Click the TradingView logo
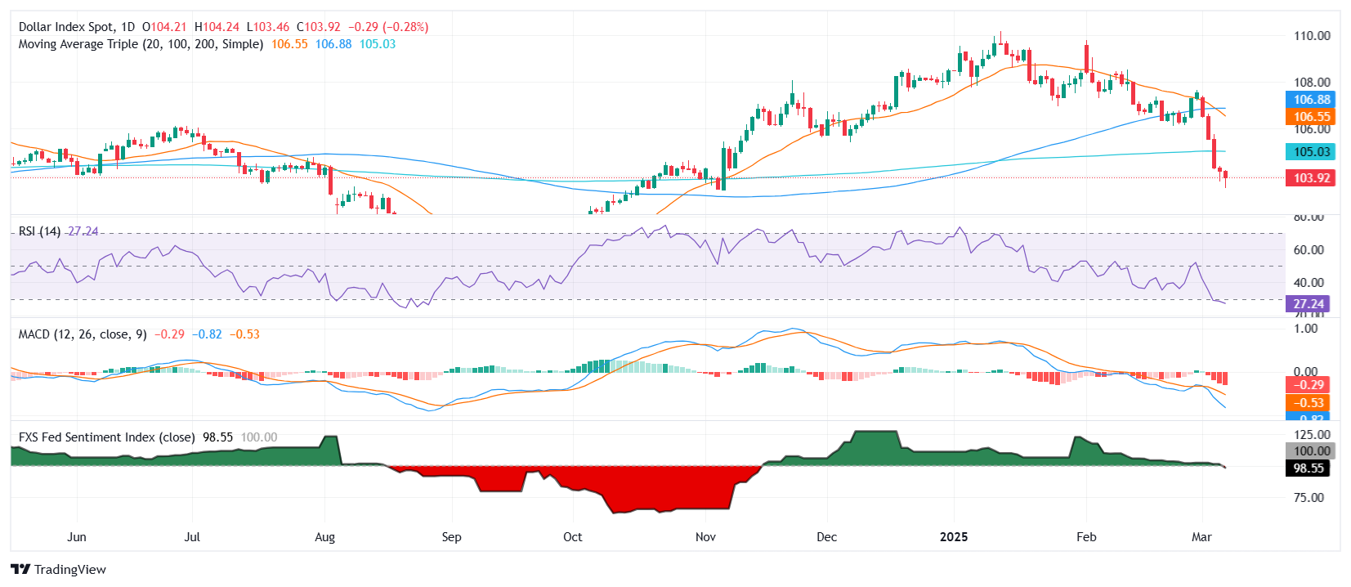tap(58, 569)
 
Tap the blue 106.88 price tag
tap(1311, 100)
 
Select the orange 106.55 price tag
tap(1311, 117)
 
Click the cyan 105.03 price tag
tap(1311, 151)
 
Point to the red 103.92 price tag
tap(1311, 177)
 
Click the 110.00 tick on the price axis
tap(1311, 36)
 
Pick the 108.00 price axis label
tap(1311, 82)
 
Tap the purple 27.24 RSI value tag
tap(1308, 303)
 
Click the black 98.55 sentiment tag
tap(1308, 468)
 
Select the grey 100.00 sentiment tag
tap(1311, 450)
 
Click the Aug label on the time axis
tap(324, 537)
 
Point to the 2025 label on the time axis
tap(953, 537)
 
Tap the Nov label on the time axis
tap(705, 537)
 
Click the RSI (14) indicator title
tap(39, 231)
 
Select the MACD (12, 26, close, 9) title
tap(83, 334)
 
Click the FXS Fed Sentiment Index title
tap(106, 437)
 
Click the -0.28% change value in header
tap(406, 27)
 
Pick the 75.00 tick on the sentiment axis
tap(1309, 497)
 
